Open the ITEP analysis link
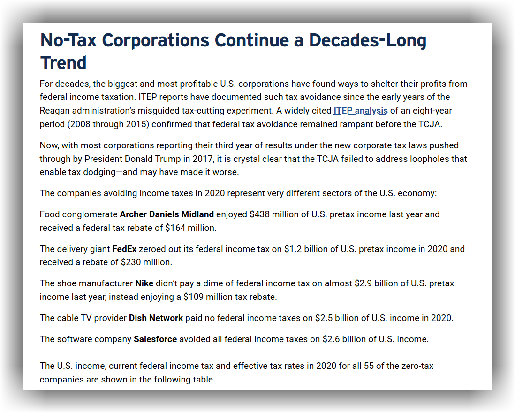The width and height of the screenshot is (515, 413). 360,111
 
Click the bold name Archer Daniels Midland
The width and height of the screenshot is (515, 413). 167,214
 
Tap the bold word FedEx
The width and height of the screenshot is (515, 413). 124,249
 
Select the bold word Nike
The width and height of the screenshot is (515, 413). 144,283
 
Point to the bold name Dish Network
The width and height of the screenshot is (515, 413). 156,318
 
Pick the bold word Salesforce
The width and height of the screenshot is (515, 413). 155,339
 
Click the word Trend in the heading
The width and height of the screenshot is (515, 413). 64,63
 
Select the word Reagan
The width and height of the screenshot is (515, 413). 54,111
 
